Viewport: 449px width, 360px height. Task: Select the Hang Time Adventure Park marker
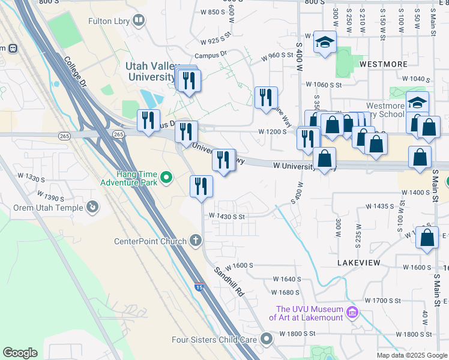167,178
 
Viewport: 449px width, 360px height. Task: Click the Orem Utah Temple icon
92,208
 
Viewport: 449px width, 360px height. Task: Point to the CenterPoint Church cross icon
194,241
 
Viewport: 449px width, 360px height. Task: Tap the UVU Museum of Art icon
352,313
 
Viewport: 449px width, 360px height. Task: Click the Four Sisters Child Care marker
266,340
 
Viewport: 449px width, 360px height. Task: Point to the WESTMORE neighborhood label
384,64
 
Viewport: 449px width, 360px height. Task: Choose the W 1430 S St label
228,216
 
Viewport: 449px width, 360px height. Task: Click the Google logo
20,353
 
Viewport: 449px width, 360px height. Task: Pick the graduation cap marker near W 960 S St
325,42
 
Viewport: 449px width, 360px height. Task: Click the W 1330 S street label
31,179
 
